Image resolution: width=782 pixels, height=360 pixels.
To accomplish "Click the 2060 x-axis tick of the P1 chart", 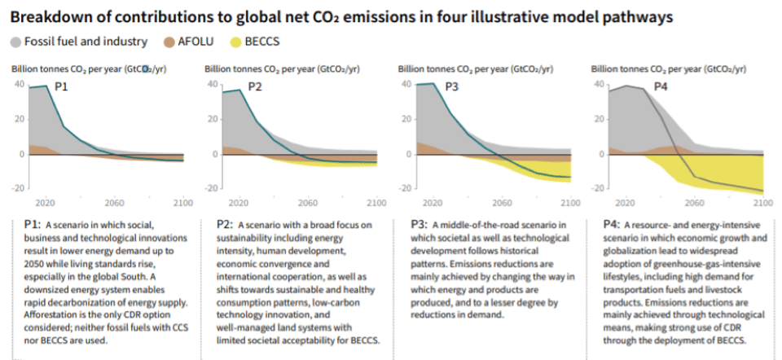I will [114, 203].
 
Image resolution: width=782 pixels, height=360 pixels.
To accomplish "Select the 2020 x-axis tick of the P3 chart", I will [432, 203].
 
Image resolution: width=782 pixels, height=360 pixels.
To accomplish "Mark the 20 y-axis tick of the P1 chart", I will [19, 118].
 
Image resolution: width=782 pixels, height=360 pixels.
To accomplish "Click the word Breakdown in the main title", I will [46, 14].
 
